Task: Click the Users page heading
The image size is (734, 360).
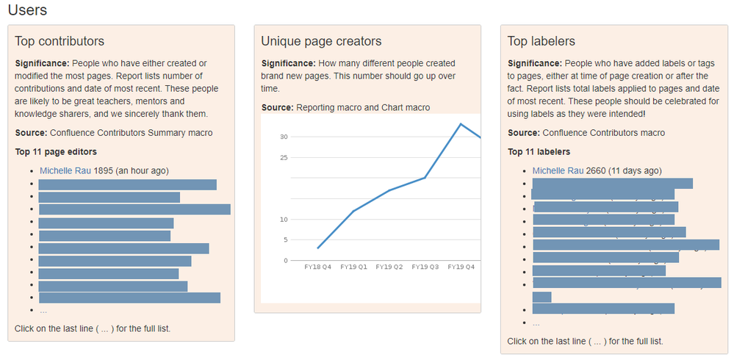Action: (x=27, y=10)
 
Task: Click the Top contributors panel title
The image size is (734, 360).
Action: (x=60, y=41)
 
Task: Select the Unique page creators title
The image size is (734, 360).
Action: (x=321, y=41)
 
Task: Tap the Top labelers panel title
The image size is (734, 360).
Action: (x=541, y=41)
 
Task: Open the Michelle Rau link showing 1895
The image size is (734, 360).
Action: (x=65, y=170)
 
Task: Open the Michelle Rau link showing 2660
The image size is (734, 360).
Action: (x=558, y=170)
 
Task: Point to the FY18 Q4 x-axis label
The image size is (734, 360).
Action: (x=317, y=267)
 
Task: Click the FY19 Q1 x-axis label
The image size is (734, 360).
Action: (x=353, y=267)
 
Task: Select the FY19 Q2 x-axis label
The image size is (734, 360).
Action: (x=389, y=267)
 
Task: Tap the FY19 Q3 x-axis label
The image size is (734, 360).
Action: (x=425, y=267)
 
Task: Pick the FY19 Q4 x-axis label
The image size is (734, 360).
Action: (x=461, y=267)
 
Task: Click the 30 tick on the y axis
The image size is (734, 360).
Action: (x=284, y=137)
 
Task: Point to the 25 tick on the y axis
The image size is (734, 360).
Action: (x=284, y=157)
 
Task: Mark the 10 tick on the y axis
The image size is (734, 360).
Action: (x=284, y=219)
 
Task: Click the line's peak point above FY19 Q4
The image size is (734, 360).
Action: (x=461, y=123)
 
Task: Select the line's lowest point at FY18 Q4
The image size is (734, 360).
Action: (x=317, y=248)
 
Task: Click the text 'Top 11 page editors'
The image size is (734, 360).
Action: (x=56, y=152)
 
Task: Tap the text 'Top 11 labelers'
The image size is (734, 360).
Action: (x=539, y=152)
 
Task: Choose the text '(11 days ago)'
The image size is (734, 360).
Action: (x=635, y=170)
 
